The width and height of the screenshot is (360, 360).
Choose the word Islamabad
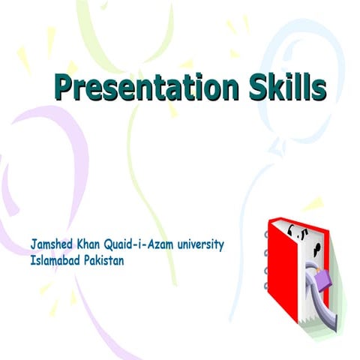pos(57,261)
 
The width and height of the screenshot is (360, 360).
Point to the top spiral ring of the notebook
pos(266,234)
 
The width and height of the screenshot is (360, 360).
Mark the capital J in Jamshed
pos(34,245)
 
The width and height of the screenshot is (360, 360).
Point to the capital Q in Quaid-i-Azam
pos(120,245)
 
